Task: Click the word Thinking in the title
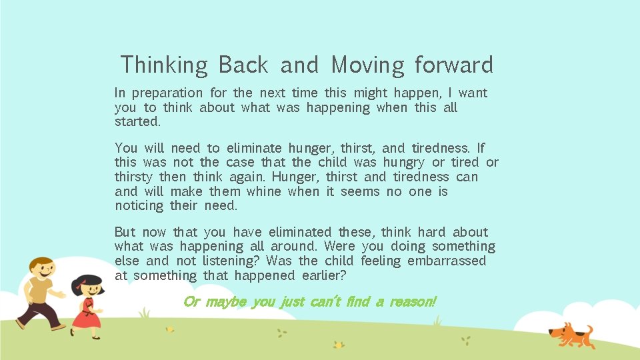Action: point(164,65)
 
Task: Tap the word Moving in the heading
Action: point(367,65)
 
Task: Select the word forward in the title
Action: point(453,65)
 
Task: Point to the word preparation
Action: point(167,93)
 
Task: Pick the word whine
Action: point(264,192)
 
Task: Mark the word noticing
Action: point(139,206)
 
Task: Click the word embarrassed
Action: point(447,261)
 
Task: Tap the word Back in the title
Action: point(243,65)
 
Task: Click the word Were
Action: point(339,247)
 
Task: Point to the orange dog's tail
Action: point(589,329)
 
